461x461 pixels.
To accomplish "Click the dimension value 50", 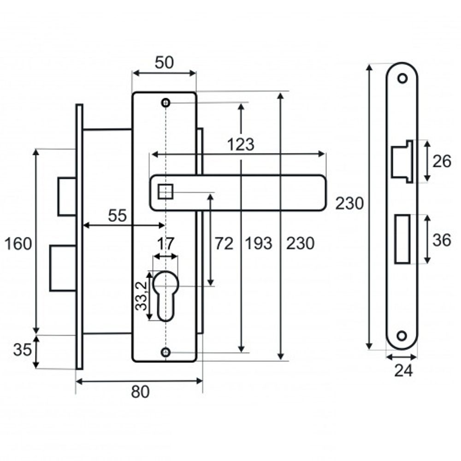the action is (x=164, y=63).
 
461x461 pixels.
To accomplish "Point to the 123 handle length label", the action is (x=241, y=145).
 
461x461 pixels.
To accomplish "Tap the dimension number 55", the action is (x=117, y=215).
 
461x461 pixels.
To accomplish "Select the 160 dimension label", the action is (x=18, y=244).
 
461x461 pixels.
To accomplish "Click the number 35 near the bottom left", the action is (x=22, y=350).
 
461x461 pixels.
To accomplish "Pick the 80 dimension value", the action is (x=140, y=392).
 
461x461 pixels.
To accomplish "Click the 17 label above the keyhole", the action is (x=166, y=244).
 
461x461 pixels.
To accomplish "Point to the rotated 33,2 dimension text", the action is (x=142, y=296).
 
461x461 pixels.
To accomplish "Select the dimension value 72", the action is (x=224, y=243).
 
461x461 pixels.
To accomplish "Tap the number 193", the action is (x=259, y=243).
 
